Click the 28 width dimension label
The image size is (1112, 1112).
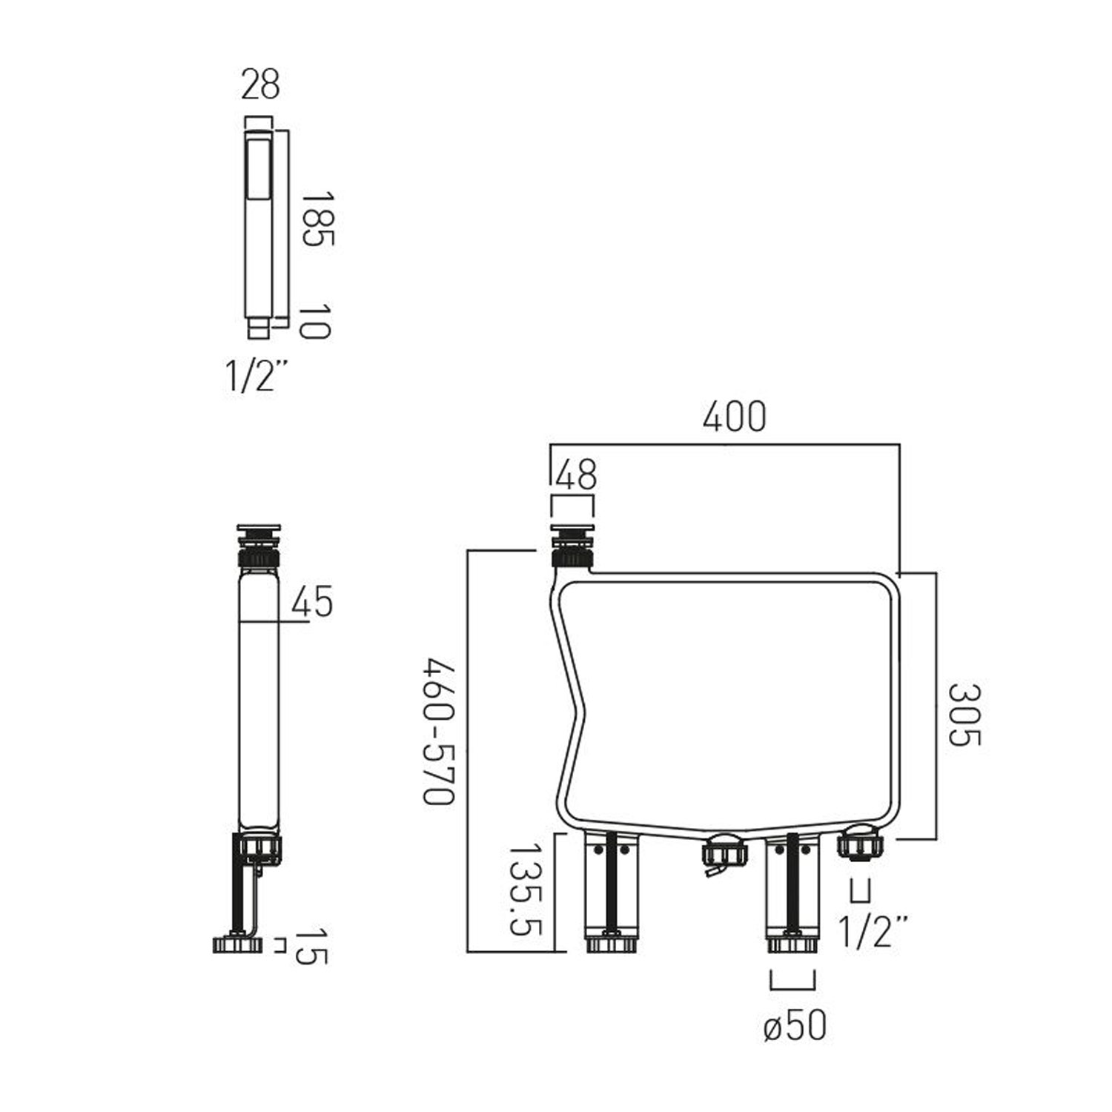point(260,84)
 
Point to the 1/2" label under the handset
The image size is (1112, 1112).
point(255,376)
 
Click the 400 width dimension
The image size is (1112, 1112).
point(734,417)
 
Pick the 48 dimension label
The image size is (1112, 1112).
point(576,474)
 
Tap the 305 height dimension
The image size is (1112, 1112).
point(965,715)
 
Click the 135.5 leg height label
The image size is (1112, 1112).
point(523,889)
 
